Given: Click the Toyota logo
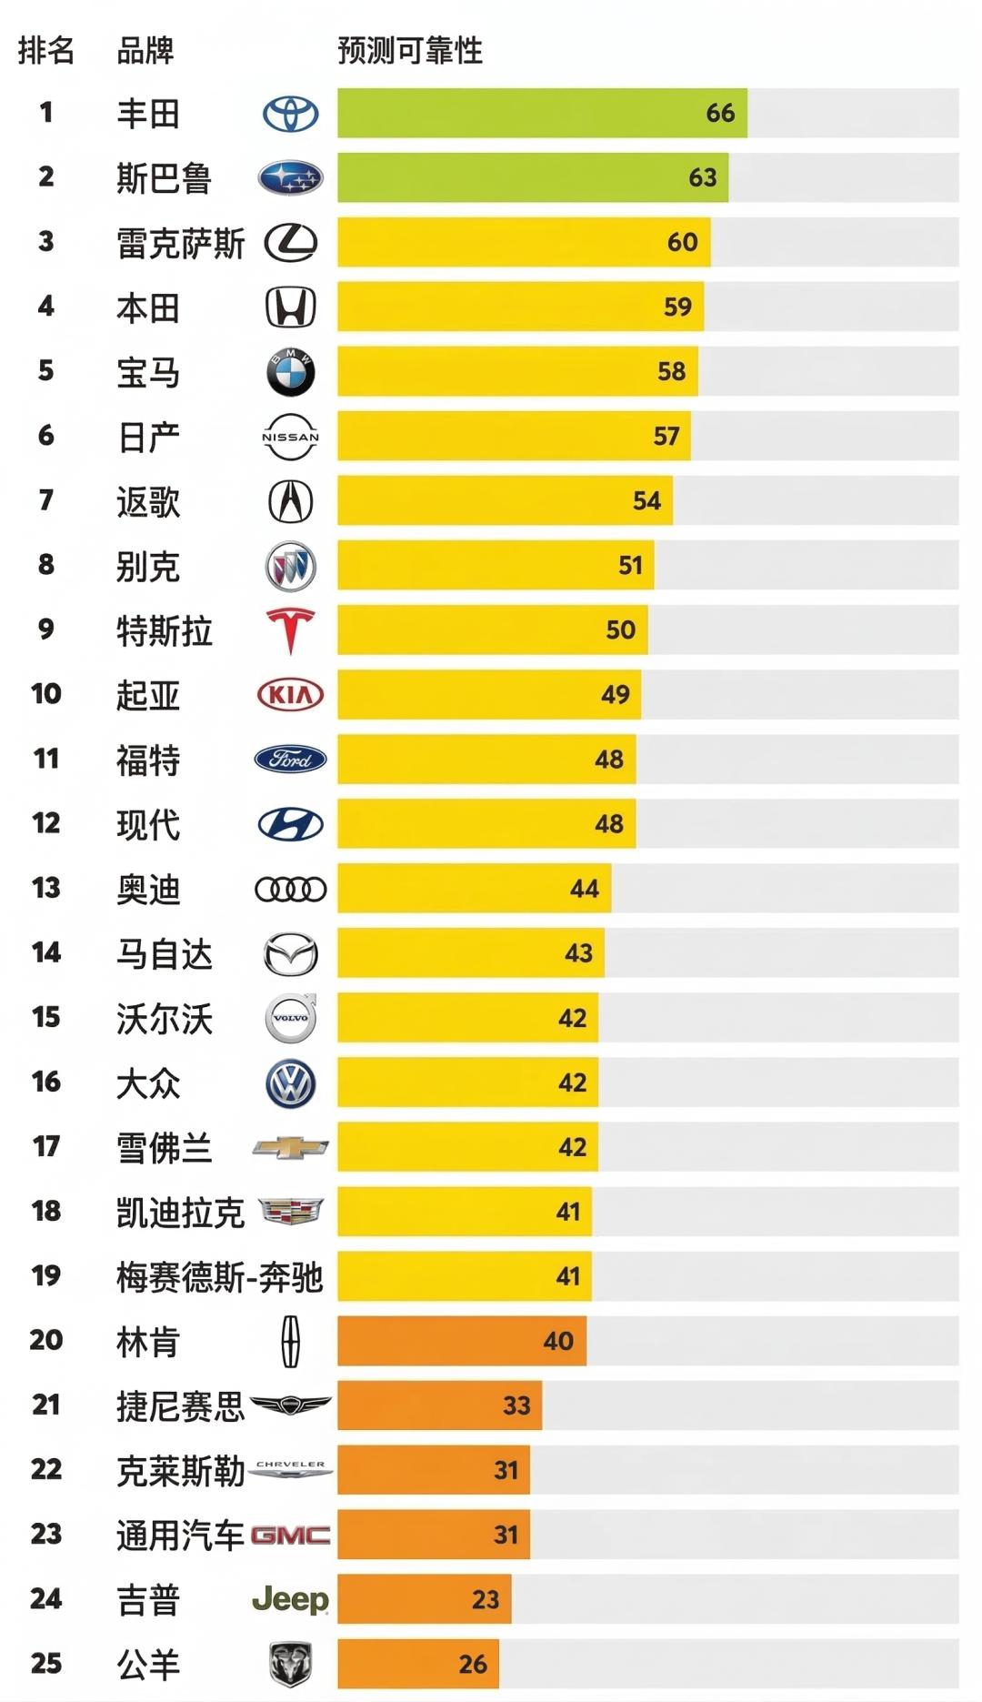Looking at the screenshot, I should pos(290,114).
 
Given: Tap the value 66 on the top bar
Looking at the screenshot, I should pos(720,113).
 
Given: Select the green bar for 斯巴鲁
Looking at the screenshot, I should pos(532,177).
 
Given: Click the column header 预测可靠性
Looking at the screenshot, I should pos(409,50).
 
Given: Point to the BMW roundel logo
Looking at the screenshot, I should pos(290,372).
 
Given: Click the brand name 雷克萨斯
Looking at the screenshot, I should pos(180,243).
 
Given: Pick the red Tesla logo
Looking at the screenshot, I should pos(290,630).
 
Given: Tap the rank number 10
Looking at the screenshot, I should pos(46,694).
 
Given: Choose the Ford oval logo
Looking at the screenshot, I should pos(290,760).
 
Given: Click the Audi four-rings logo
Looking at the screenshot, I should pos(290,889).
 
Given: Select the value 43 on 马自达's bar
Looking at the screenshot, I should pos(578,952).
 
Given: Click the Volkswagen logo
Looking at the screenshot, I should pos(290,1083).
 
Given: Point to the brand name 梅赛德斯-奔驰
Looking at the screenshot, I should pos(219,1277).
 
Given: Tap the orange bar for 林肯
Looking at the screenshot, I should pos(461,1341).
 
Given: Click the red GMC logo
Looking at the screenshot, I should pos(290,1536).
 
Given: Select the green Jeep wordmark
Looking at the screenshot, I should pos(290,1599).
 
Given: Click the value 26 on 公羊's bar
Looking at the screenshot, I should pos(473,1664).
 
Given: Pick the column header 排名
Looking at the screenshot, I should pos(45,50).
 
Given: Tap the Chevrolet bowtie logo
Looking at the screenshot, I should pos(290,1148).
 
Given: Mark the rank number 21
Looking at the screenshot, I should pos(46,1405).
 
